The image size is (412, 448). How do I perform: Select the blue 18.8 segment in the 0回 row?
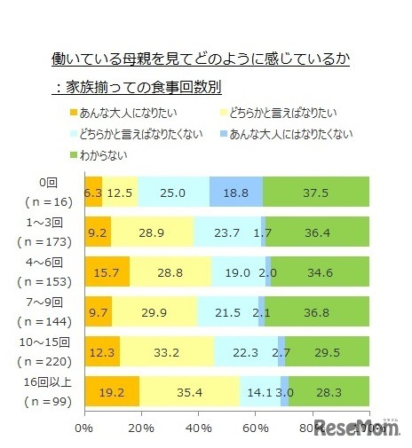236,193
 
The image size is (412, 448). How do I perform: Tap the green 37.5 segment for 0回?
316,193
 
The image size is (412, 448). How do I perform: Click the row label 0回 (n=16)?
46,193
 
